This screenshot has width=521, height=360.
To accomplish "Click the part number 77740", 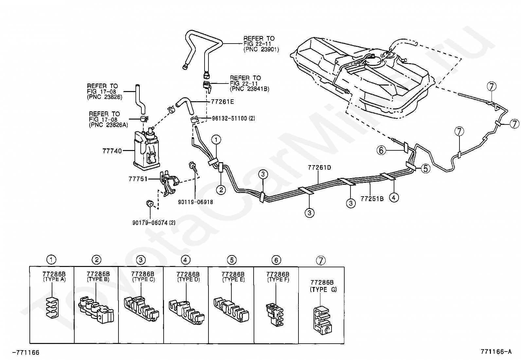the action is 112,151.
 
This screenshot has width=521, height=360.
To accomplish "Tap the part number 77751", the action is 138,179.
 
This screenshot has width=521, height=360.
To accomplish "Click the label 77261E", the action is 222,102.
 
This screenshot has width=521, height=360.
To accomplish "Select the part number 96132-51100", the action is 229,119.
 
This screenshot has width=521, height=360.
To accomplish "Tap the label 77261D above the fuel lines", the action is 319,167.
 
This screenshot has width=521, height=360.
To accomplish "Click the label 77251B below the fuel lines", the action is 372,199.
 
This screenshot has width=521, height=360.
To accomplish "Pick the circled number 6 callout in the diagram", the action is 381,150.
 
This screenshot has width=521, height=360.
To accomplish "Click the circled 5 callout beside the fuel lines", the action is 426,168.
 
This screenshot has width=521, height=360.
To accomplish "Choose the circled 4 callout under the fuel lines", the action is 394,198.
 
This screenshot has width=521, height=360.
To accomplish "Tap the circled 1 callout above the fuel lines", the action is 216,140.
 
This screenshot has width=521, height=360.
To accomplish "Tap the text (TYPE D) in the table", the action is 189,279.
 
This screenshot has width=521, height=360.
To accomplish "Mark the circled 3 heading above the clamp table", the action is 141,260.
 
